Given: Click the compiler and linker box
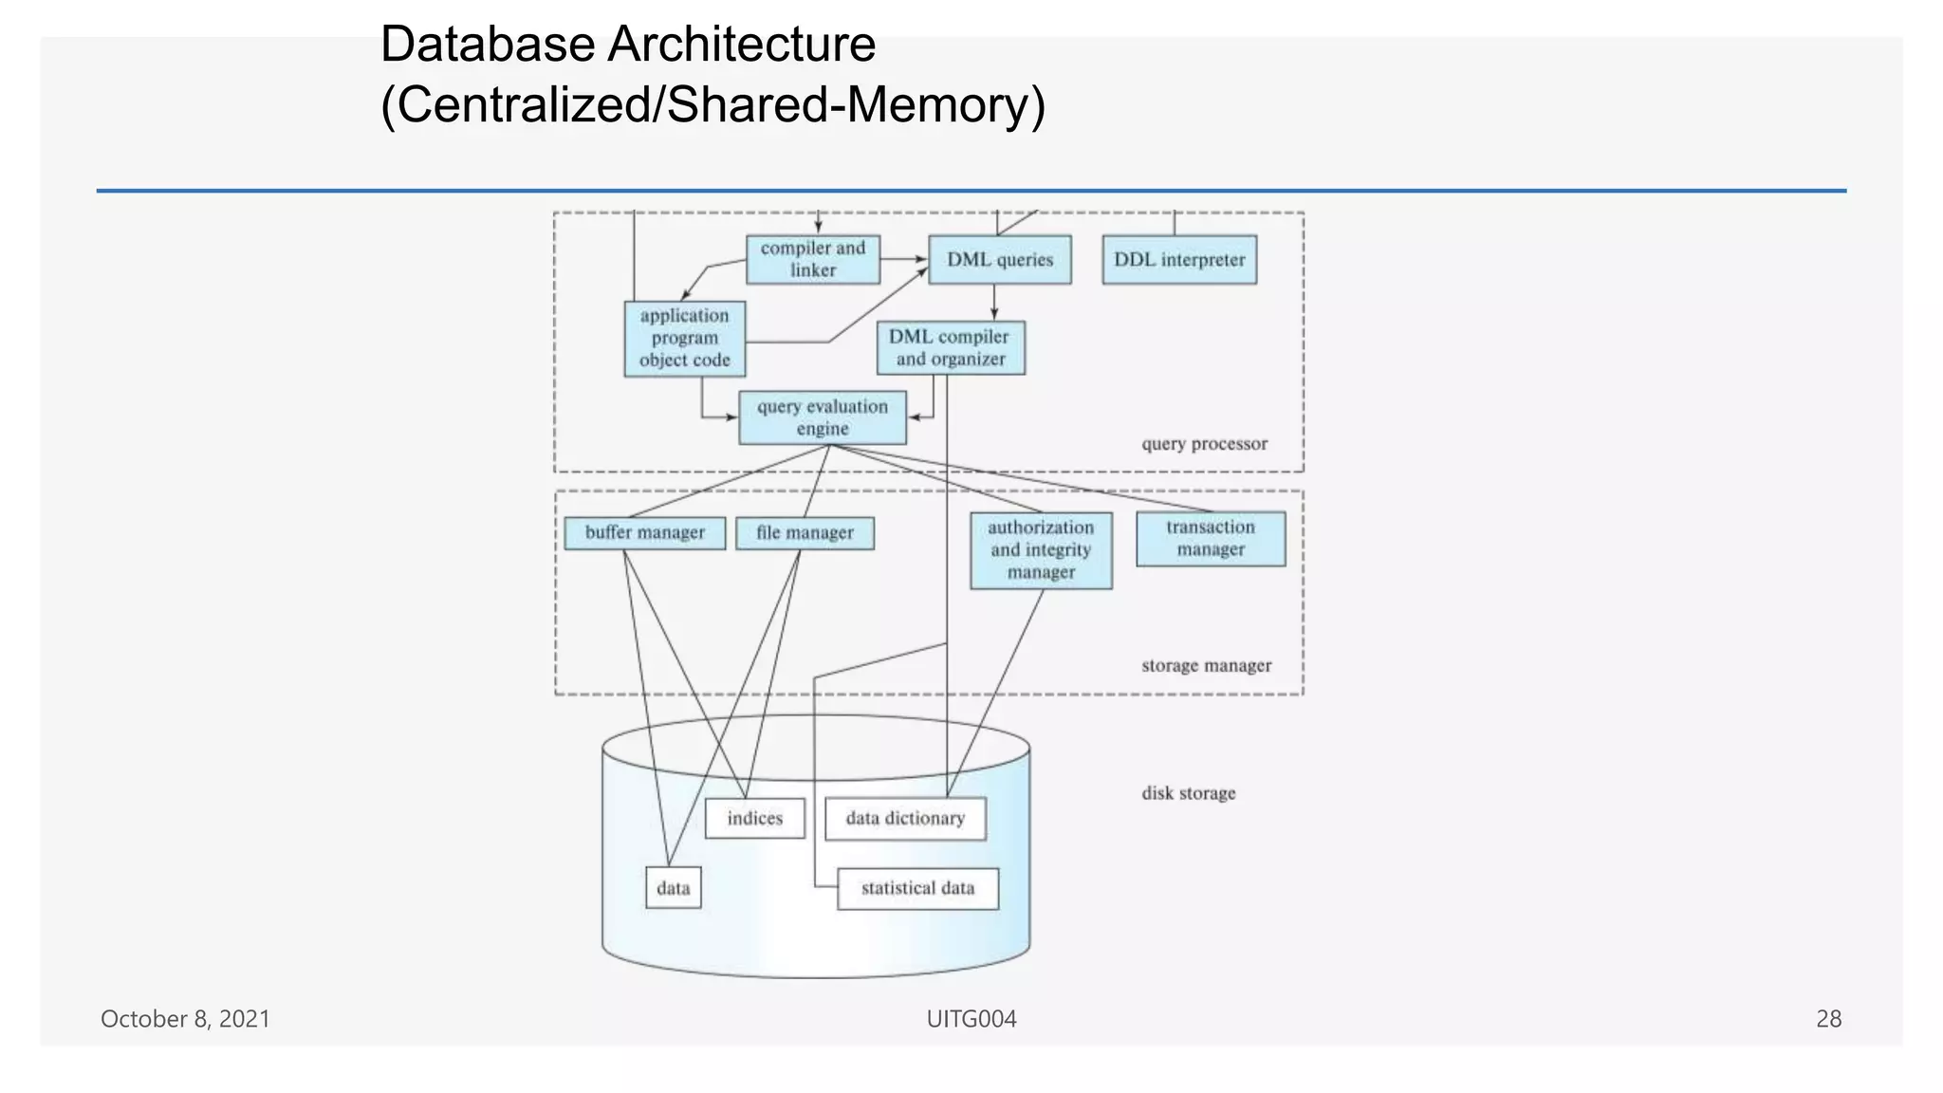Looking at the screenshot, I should [812, 259].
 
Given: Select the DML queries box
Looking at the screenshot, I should [1000, 260].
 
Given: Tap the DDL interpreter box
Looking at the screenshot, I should [1179, 260].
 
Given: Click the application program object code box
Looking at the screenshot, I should [684, 339].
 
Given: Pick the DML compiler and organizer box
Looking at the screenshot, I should [950, 348].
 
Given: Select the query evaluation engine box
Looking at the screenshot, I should [823, 417].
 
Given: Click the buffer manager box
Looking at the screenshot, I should [644, 533].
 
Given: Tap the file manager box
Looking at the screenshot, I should [805, 533].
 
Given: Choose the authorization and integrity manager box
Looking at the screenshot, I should [1041, 550].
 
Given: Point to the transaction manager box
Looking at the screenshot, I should [1211, 539].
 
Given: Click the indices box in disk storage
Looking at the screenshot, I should [755, 819].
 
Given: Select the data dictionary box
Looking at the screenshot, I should [905, 819].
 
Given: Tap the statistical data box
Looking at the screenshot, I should [917, 889].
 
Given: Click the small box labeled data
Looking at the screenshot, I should [674, 888].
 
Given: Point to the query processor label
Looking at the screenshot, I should [1204, 444].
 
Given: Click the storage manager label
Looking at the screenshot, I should [1206, 666].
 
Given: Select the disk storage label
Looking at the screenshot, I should [1188, 793].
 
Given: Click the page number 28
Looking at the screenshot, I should [1828, 1019].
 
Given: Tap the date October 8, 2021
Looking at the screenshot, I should [185, 1019].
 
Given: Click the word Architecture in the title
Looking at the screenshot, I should [741, 45].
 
